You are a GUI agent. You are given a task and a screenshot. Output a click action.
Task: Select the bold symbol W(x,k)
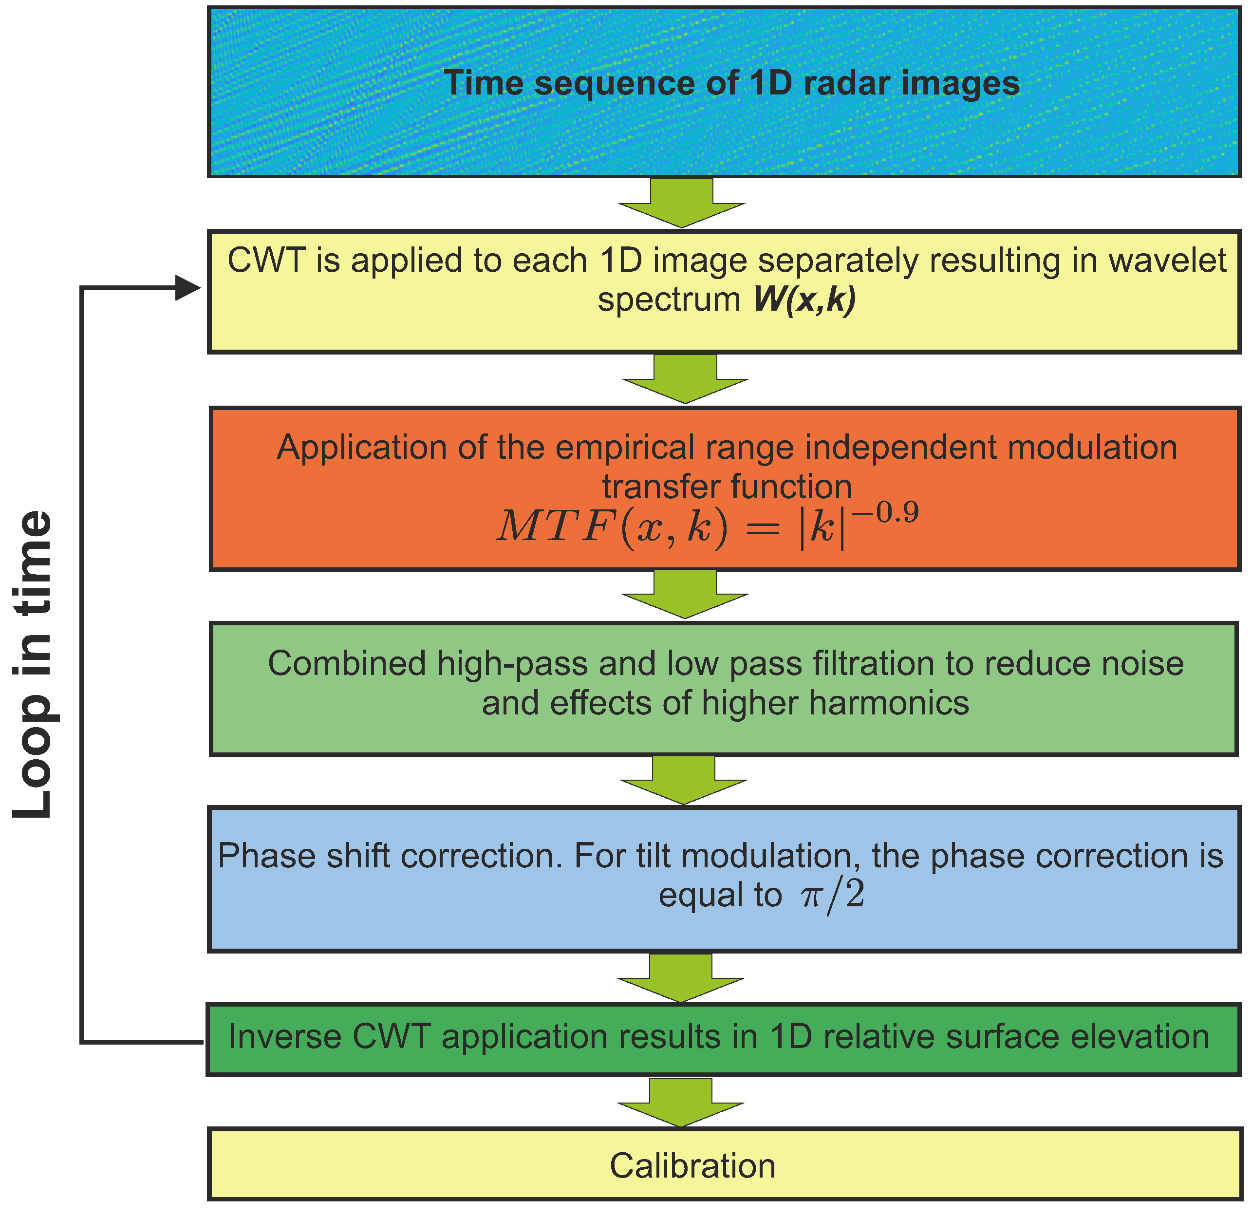(804, 299)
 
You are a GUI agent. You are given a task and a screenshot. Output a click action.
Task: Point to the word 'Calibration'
(692, 1166)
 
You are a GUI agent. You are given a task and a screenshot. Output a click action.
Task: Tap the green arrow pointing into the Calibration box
(680, 1104)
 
